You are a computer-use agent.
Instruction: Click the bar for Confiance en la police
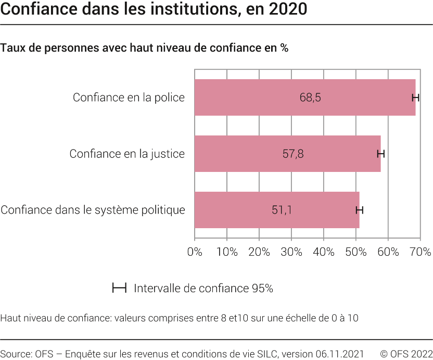pos(250,97)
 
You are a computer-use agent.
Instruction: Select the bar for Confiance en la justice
pos(239,154)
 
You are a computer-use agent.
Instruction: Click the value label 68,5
pos(310,97)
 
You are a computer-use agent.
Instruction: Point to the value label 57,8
pos(293,154)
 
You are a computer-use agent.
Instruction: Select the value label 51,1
pos(282,210)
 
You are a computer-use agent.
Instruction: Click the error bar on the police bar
pos(415,97)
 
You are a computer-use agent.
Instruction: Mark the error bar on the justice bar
pos(381,154)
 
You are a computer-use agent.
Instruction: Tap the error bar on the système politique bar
pos(359,210)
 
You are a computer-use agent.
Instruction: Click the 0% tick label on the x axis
pos(195,252)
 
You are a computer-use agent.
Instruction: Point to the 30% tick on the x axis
pos(291,252)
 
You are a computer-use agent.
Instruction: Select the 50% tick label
pos(356,252)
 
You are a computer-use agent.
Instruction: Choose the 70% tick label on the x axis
pos(420,252)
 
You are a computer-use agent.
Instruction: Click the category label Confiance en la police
pos(129,97)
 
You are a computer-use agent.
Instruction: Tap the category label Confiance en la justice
pos(127,154)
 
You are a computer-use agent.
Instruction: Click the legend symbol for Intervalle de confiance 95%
pos(120,288)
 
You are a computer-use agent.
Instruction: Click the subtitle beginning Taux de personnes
pos(144,48)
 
